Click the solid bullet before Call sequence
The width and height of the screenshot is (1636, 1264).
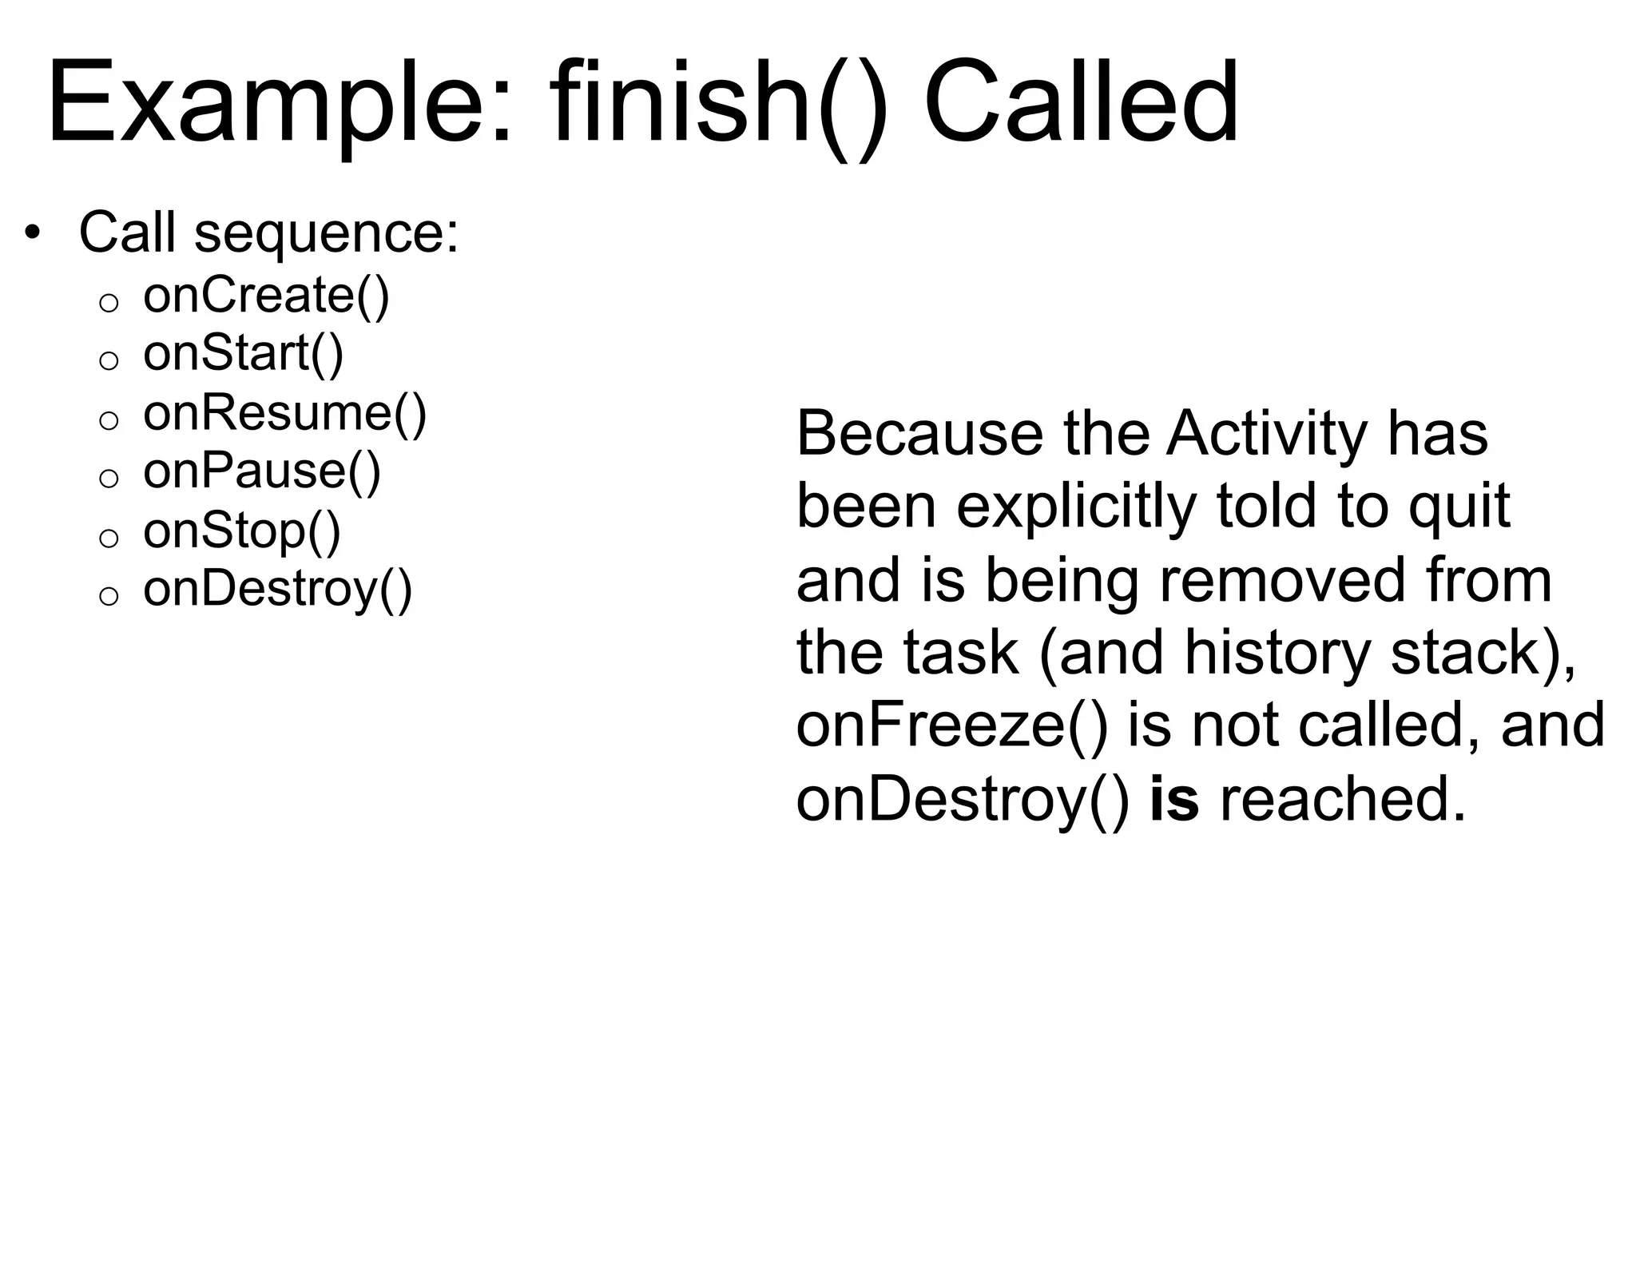click(x=31, y=233)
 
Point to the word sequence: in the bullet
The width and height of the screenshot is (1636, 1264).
click(x=327, y=233)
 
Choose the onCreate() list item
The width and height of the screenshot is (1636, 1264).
click(x=266, y=295)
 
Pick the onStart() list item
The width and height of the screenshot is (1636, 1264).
click(x=243, y=353)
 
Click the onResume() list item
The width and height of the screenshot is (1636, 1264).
click(x=284, y=412)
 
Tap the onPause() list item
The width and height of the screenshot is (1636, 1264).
click(x=261, y=471)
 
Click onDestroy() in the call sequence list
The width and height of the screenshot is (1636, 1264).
click(x=277, y=589)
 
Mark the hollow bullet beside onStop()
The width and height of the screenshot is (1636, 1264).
click(x=109, y=538)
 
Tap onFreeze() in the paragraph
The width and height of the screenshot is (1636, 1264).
click(x=952, y=725)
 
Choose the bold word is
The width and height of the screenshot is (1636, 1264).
click(x=1173, y=799)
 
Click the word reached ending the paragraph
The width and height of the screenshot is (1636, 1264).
click(x=1342, y=799)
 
